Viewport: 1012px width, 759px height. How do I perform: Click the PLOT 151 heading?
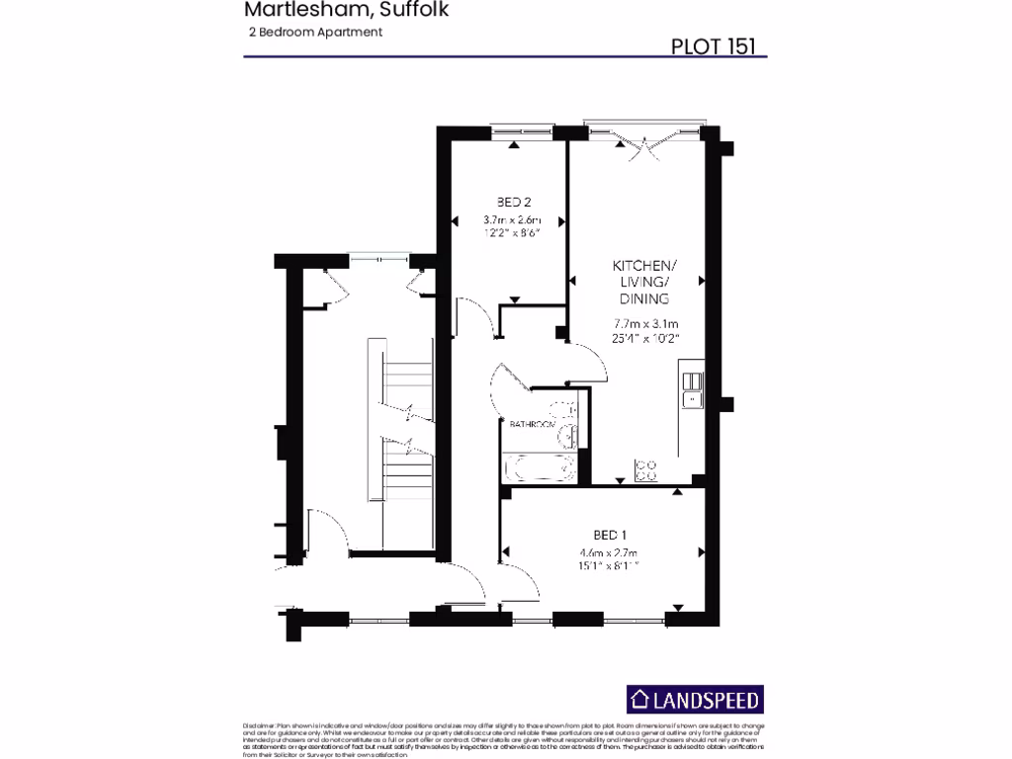716,46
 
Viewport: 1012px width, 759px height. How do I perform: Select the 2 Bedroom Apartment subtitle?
315,32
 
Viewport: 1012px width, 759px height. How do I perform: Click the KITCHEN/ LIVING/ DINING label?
644,283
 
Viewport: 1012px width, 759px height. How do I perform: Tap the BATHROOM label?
532,424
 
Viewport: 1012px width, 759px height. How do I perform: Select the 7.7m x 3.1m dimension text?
644,323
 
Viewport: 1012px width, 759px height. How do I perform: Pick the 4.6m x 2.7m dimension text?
609,552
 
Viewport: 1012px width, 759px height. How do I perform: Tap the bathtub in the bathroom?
540,467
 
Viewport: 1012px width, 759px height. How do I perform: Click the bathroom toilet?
565,435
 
